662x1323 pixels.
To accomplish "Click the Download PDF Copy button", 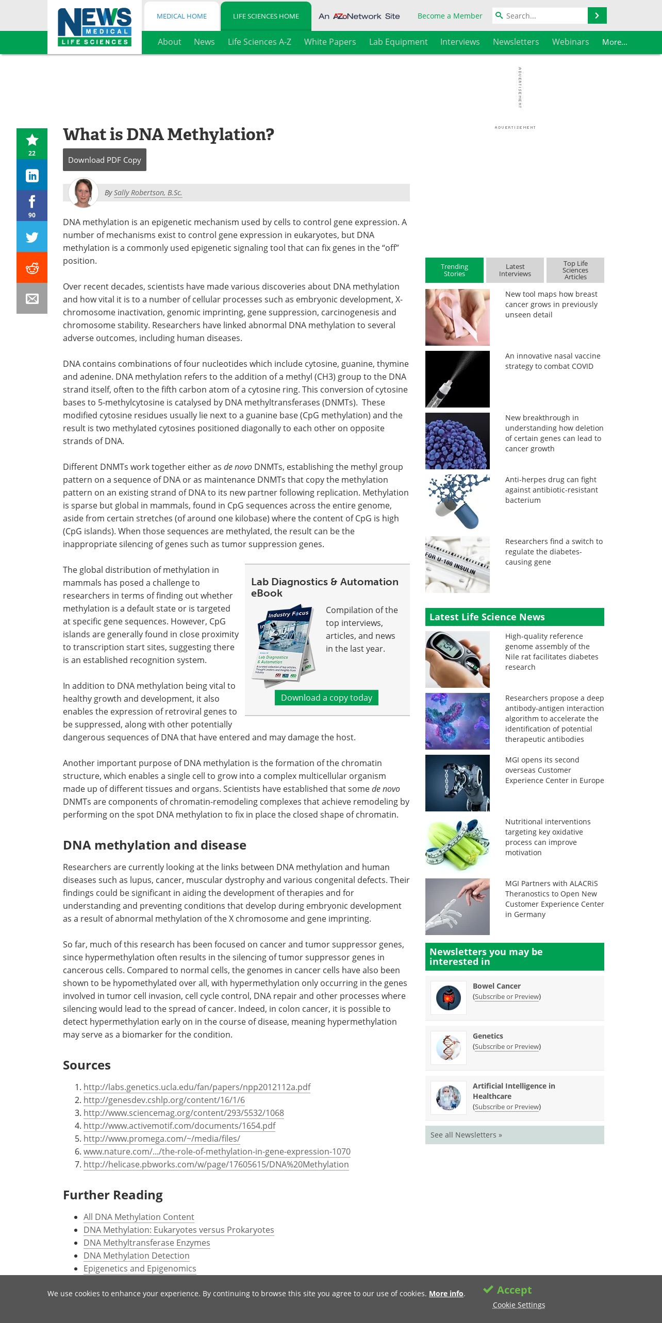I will (105, 160).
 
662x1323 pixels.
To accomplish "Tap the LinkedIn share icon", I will (32, 175).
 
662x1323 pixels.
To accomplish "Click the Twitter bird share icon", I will (32, 237).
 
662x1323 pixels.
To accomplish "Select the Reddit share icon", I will (32, 268).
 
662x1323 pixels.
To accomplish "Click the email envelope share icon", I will (32, 299).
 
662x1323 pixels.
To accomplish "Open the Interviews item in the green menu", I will (460, 42).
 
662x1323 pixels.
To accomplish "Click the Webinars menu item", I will (570, 42).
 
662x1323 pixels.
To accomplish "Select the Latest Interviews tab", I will (515, 270).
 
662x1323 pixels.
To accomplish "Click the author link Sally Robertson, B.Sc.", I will (148, 193).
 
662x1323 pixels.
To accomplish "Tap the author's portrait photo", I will (84, 193).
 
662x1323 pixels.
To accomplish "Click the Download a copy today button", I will (326, 698).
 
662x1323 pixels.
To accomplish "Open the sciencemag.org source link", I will (184, 1113).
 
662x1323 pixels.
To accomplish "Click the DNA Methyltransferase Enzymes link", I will (147, 1243).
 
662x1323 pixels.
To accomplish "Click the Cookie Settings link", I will (519, 1305).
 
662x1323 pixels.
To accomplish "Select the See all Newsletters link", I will (466, 1135).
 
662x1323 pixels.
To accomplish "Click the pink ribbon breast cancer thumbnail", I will (457, 317).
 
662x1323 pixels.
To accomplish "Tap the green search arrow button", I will (597, 16).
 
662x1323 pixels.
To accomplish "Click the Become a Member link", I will (450, 16).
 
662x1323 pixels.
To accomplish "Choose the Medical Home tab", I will (181, 16).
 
